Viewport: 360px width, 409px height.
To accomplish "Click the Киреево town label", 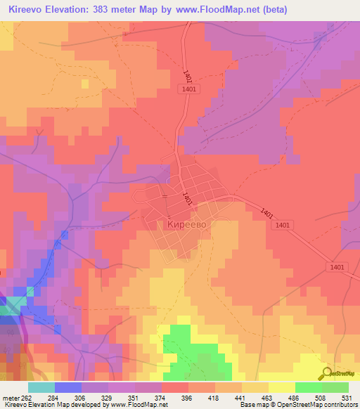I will tap(186, 223).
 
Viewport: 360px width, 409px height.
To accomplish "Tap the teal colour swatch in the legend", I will tap(41, 387).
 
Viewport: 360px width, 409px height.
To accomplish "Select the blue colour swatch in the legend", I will tap(67, 387).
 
